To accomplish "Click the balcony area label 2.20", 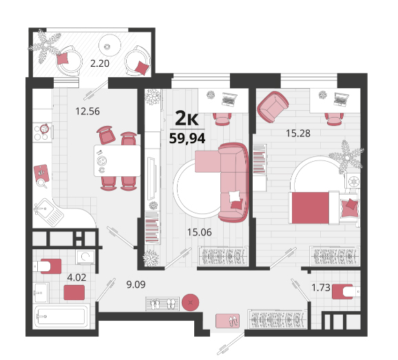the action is tap(100, 63).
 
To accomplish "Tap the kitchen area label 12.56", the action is tap(87, 112).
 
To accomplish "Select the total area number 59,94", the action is tap(187, 138).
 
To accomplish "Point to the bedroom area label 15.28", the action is tap(298, 134).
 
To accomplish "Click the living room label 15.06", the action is tap(199, 232).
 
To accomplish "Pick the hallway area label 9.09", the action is tap(136, 284).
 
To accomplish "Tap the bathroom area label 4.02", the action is tap(76, 277).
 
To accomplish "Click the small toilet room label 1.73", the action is tap(321, 288).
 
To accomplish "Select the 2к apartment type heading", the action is tap(187, 118).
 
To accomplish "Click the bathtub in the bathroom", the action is tap(61, 317).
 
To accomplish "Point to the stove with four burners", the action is tap(43, 132).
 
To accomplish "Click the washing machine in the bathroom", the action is tap(85, 257).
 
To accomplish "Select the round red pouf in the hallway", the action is tap(190, 302).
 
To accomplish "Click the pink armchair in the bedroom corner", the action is tap(273, 106).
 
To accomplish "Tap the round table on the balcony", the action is tap(109, 45).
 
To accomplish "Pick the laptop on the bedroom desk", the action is tap(341, 99).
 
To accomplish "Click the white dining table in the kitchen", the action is tap(117, 160).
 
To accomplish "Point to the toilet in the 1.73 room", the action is tap(346, 291).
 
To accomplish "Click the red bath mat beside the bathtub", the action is tap(74, 293).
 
